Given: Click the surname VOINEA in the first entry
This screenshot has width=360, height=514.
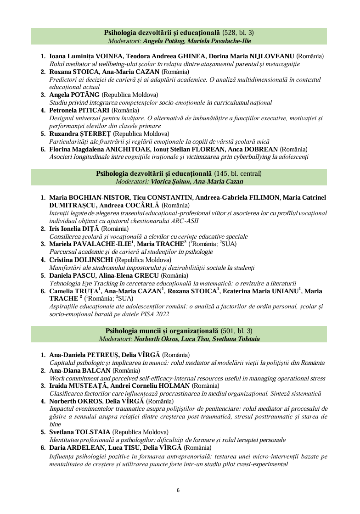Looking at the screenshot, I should point(109,56).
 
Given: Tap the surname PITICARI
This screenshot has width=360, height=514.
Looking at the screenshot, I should point(105,110).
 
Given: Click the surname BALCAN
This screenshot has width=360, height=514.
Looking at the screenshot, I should point(96,370).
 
